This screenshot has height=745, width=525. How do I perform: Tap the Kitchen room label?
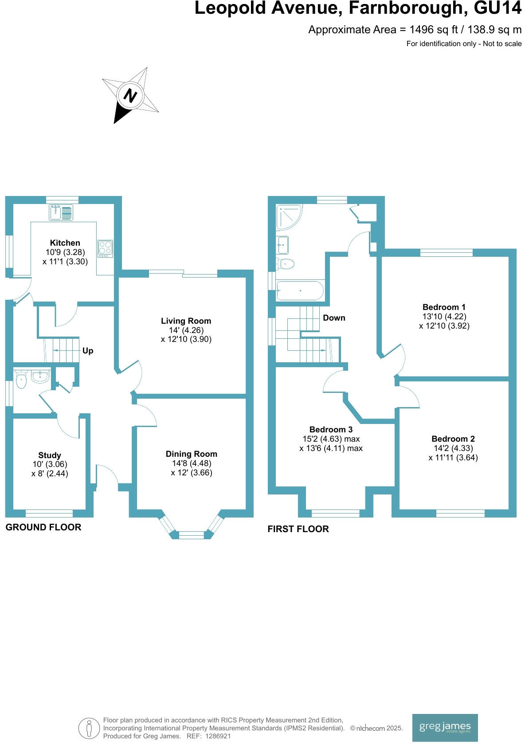[65, 243]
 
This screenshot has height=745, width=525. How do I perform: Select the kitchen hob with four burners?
[106, 249]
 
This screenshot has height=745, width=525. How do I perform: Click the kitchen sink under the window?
[61, 212]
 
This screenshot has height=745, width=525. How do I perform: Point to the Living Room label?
[186, 321]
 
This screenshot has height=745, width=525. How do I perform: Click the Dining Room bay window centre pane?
[192, 535]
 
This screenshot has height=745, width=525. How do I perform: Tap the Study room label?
[50, 455]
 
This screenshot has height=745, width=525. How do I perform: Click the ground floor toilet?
[21, 380]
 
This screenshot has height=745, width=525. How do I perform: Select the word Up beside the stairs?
[88, 351]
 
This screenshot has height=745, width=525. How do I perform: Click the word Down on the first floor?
[334, 318]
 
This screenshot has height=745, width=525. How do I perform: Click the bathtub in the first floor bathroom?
[300, 291]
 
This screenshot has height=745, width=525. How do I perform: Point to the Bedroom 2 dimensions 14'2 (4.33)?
[453, 448]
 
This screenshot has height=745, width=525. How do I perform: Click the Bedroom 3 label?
[331, 429]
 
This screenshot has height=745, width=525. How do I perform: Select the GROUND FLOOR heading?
[43, 527]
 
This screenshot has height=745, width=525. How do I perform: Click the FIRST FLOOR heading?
[298, 529]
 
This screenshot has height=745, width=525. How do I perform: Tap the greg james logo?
[445, 727]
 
